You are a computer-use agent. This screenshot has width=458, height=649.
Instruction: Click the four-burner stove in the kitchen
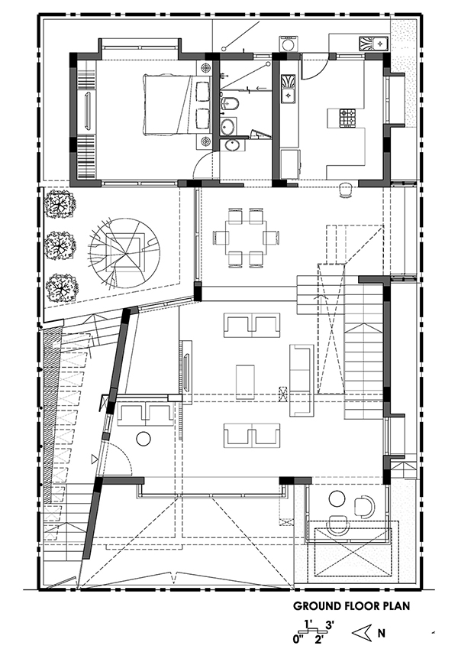point(347,117)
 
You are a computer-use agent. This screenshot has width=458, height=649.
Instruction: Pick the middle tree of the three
point(60,246)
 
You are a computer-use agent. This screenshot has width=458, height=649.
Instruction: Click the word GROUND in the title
point(318,606)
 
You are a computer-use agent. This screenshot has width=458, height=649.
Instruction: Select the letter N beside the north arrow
point(381,633)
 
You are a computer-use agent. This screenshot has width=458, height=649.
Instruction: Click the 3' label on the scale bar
point(330,624)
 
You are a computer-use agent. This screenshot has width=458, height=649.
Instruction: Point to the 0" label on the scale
point(298,639)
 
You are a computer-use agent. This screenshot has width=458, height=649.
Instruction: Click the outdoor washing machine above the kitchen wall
point(289,44)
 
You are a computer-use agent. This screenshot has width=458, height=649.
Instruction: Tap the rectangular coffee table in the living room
point(246,381)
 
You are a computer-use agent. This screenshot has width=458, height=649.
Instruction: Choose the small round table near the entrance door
point(144,439)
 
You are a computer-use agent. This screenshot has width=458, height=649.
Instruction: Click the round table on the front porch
point(337,498)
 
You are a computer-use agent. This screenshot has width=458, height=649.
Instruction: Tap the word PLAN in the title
point(396,606)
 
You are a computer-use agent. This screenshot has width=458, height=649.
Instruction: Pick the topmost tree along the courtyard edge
point(60,205)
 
